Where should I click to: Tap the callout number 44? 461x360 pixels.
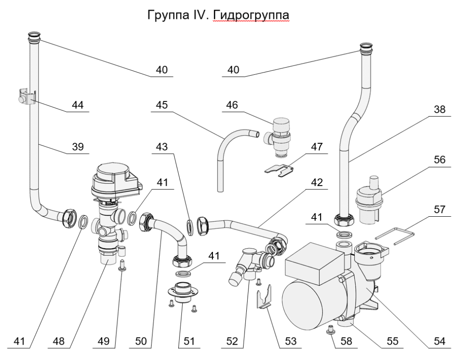click(79, 105)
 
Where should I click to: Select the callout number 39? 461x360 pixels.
click(79, 147)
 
